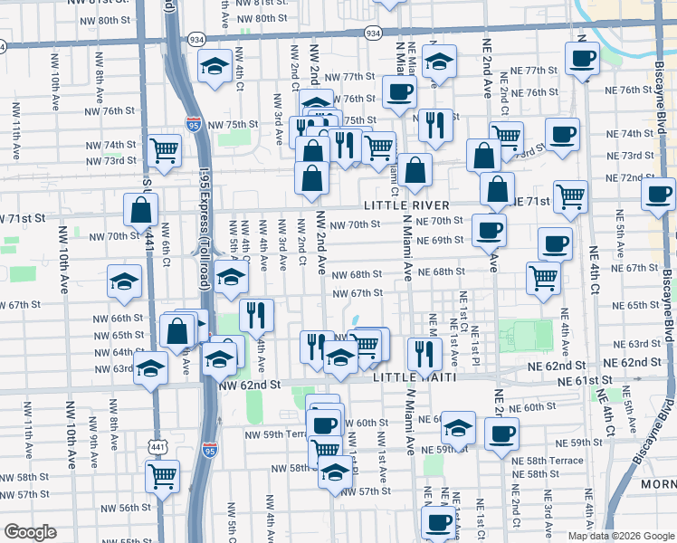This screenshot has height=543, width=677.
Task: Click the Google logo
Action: pyautogui.click(x=29, y=532)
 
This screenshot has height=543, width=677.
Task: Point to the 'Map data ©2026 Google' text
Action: pyautogui.click(x=621, y=536)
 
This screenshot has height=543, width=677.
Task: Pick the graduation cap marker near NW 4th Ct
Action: pyautogui.click(x=215, y=67)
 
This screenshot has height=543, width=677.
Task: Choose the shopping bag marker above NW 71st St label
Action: pyautogui.click(x=142, y=212)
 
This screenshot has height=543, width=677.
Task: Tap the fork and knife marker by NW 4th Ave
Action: pyautogui.click(x=257, y=314)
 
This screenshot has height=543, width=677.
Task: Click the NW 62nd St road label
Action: pyautogui.click(x=249, y=385)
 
